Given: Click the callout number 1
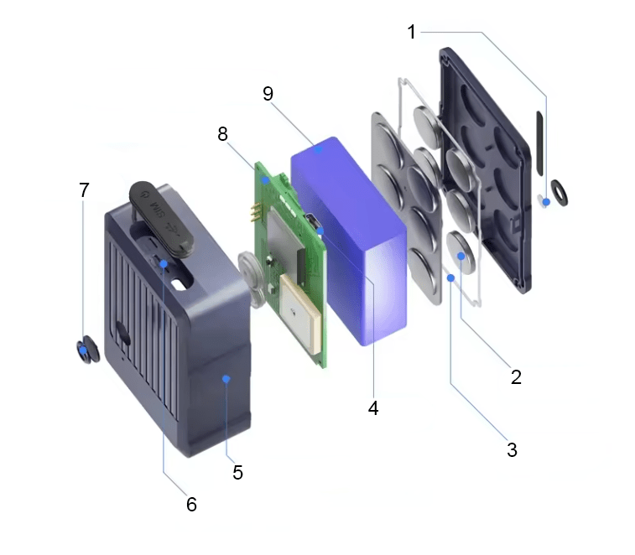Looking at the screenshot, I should tap(411, 32).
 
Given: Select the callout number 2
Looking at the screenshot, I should tap(516, 376).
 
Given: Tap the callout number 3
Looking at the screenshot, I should tap(512, 449).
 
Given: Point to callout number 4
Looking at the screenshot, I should tap(373, 408).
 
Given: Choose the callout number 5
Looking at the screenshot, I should tap(237, 472).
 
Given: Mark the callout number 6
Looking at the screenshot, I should tap(191, 504).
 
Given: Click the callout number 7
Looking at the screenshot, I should tap(84, 190).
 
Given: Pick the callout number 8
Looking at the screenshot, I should tap(223, 134).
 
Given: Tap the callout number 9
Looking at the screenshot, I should tap(268, 93).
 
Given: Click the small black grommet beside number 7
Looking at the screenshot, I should tap(86, 351).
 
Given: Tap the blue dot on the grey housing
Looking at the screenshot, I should tap(226, 380).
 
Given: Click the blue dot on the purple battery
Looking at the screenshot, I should tap(319, 148).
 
